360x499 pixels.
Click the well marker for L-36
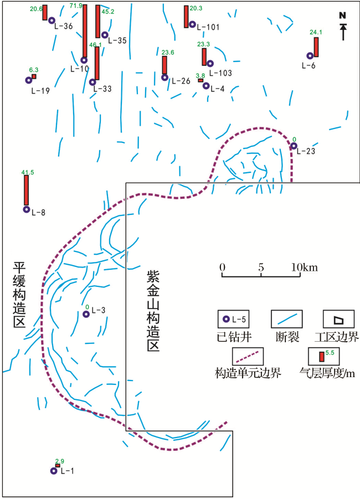point(52,20)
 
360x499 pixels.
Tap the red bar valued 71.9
point(85,31)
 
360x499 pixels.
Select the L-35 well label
point(117,40)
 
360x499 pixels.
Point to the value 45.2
point(108,12)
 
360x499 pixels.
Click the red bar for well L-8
point(27,190)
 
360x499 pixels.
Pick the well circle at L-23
point(294,146)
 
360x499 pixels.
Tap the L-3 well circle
point(86,314)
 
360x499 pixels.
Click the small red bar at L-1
point(58,466)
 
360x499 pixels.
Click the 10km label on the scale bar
point(305,267)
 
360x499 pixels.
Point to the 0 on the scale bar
point(222,267)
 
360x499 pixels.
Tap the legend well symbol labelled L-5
point(226,319)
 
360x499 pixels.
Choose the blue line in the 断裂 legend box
point(287,319)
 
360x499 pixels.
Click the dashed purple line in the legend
point(248,357)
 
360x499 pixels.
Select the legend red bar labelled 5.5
point(322,357)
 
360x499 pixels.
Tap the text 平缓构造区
point(19,295)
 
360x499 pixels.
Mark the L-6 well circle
point(310,56)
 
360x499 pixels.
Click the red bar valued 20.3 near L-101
point(186,17)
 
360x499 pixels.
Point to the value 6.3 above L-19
point(34,70)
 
